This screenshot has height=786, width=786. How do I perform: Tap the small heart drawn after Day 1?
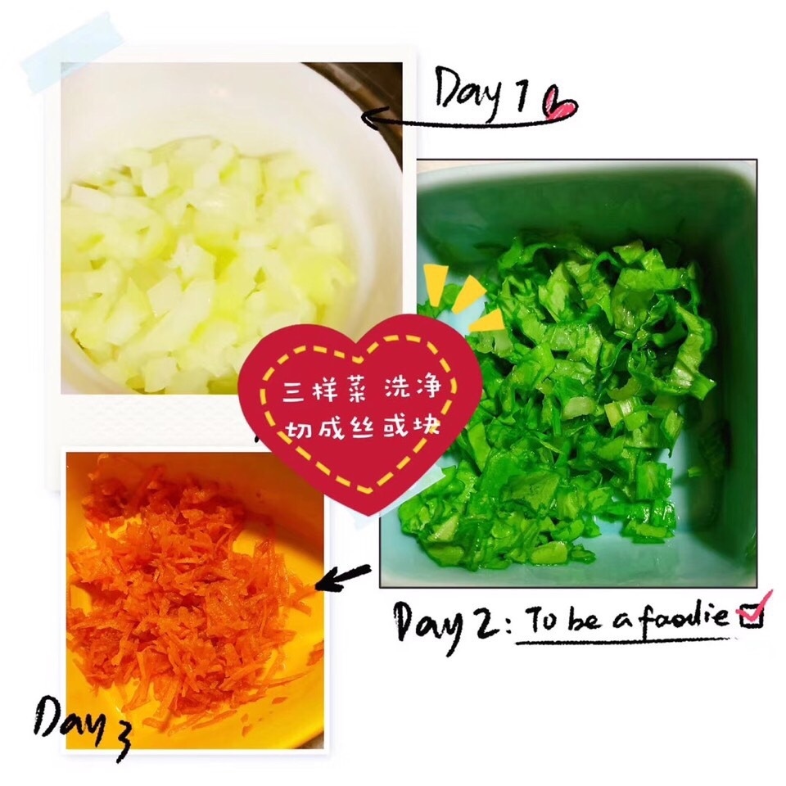coord(559,103)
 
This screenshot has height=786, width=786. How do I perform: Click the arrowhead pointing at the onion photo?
coord(374,117)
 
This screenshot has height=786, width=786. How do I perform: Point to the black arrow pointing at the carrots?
coord(342,577)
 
